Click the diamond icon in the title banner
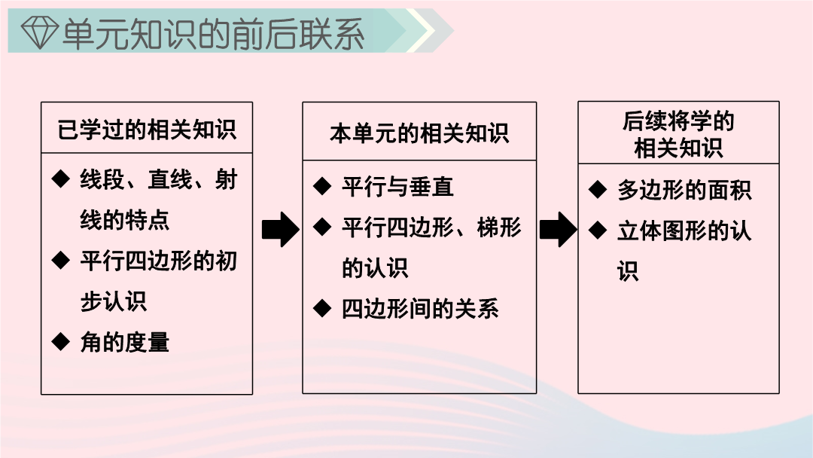click(39, 32)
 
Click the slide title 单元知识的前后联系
click(213, 33)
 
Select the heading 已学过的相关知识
click(147, 129)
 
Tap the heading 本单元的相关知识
click(419, 133)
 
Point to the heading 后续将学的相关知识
click(678, 134)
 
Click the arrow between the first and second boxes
click(281, 229)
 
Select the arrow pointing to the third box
click(558, 229)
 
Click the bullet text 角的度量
click(125, 342)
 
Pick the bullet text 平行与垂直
click(397, 187)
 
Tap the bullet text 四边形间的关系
click(420, 309)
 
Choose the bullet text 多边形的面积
click(684, 190)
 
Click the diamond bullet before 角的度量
click(61, 341)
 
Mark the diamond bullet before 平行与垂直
click(322, 186)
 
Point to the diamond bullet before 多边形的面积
click(597, 189)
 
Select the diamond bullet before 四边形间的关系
click(322, 309)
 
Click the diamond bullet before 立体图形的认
click(597, 230)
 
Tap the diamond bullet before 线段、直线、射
click(61, 179)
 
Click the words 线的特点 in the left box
click(125, 220)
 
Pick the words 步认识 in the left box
click(114, 301)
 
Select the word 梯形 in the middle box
click(499, 227)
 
